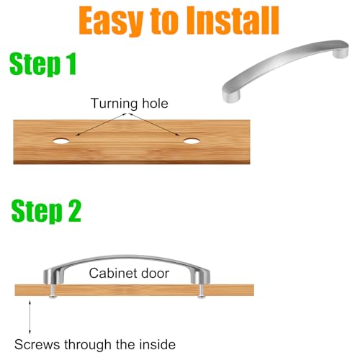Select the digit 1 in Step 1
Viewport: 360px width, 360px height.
[x=71, y=63]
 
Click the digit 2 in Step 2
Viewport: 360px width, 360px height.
[x=74, y=211]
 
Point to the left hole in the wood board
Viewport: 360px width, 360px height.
[x=61, y=141]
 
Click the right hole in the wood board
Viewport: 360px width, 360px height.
[x=192, y=141]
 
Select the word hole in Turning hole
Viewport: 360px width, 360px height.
[x=155, y=104]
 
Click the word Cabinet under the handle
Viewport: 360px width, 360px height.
[x=112, y=273]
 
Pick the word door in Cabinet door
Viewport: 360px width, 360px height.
[x=155, y=273]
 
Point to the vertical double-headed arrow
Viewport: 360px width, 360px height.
[x=30, y=317]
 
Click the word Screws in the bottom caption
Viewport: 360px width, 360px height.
[x=37, y=345]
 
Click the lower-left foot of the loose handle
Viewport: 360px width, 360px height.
[x=231, y=94]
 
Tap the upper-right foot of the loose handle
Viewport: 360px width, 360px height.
[x=341, y=52]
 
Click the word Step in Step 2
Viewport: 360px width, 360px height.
[x=37, y=212]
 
